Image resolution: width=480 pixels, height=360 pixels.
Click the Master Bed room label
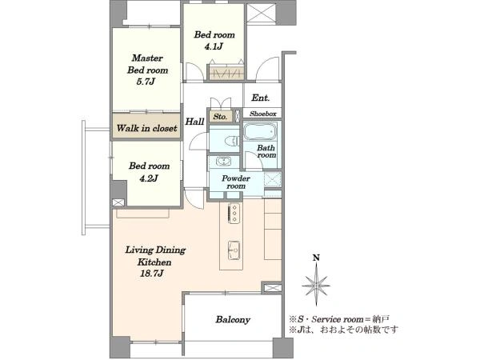point(147,64)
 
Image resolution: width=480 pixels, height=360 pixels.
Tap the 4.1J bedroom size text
point(214,46)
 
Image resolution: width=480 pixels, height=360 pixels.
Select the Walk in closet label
point(146,128)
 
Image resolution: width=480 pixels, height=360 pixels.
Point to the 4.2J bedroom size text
point(149,178)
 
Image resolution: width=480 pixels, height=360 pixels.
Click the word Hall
point(194,122)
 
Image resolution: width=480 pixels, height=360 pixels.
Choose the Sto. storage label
point(220,117)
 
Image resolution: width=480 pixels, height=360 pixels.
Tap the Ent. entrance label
point(261,98)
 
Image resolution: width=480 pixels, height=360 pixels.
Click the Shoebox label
point(263,114)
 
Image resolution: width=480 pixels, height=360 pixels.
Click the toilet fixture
point(232,141)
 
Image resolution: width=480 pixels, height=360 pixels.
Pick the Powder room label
point(236,182)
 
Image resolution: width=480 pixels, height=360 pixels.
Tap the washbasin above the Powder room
point(223,161)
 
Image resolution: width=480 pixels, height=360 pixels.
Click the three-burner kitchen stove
point(234,213)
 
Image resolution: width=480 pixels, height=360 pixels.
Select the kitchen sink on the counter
point(234,250)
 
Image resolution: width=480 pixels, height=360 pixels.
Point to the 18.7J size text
point(151,274)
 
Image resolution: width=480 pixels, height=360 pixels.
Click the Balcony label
point(233,320)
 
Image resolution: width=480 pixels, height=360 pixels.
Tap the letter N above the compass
point(316,258)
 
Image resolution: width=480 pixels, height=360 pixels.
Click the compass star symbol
point(316,285)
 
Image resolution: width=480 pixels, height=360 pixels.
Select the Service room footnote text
point(339,319)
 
